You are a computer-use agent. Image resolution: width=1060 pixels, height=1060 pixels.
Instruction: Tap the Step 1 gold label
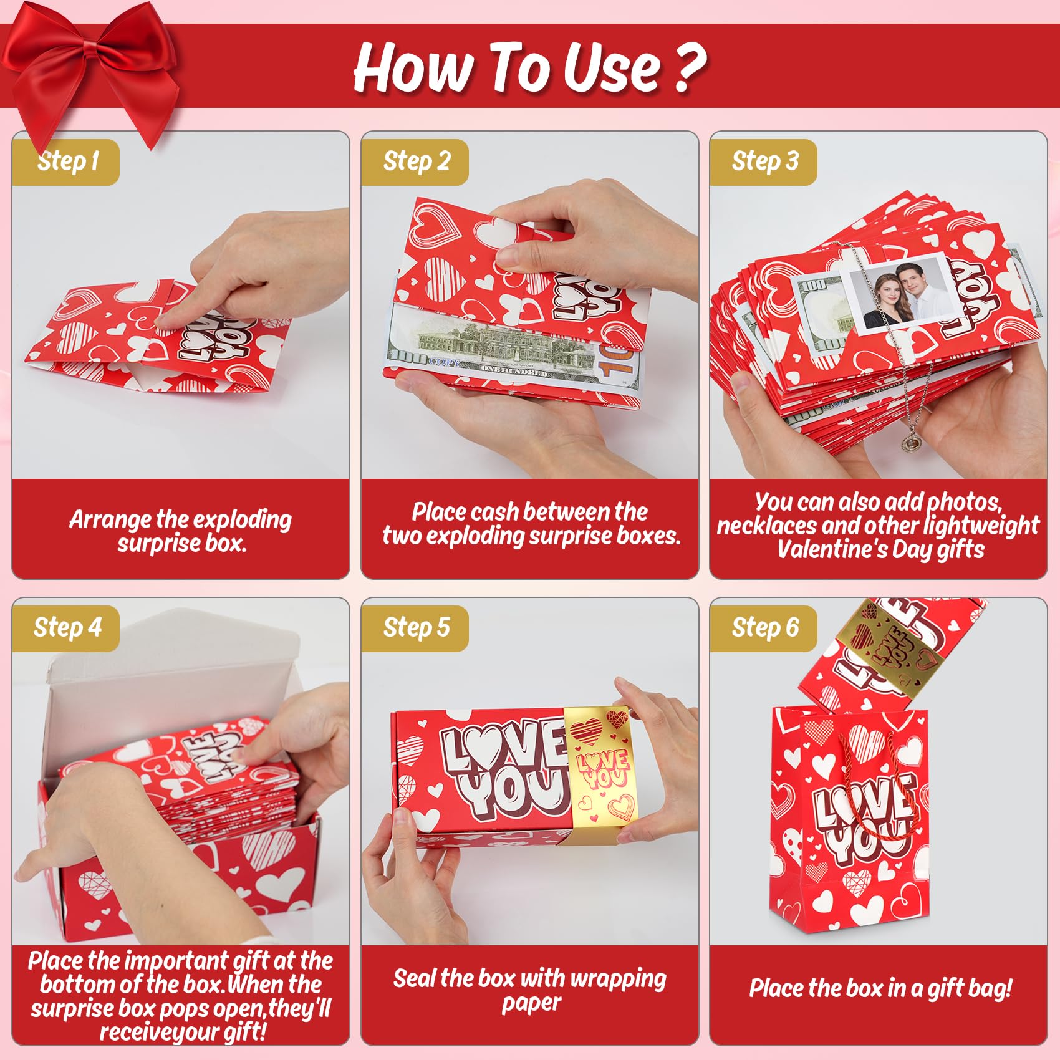66,162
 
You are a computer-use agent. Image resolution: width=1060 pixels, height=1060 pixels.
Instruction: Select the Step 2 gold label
415,162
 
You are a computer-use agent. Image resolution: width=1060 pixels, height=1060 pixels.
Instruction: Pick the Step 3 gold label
764,162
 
